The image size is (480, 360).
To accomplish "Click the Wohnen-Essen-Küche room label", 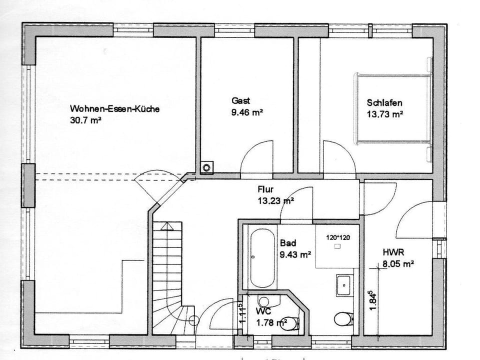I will pyautogui.click(x=114, y=108).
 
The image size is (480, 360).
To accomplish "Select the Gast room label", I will pyautogui.click(x=240, y=100).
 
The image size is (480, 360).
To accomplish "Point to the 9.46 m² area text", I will pyautogui.click(x=247, y=112).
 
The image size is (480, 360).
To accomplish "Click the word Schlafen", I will pyautogui.click(x=384, y=102).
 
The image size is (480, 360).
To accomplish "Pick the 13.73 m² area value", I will pyautogui.click(x=385, y=114).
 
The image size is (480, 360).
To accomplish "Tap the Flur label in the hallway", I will pyautogui.click(x=266, y=189).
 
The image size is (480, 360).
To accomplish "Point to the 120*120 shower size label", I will pyautogui.click(x=338, y=237).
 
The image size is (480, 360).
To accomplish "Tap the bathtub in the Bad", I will pyautogui.click(x=262, y=258).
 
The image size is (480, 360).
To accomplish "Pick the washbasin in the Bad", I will pyautogui.click(x=345, y=285).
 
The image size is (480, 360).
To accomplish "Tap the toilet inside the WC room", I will pyautogui.click(x=288, y=323).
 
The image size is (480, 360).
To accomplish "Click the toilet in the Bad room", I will pyautogui.click(x=343, y=318).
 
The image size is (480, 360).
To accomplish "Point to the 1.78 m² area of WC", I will pyautogui.click(x=271, y=322).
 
